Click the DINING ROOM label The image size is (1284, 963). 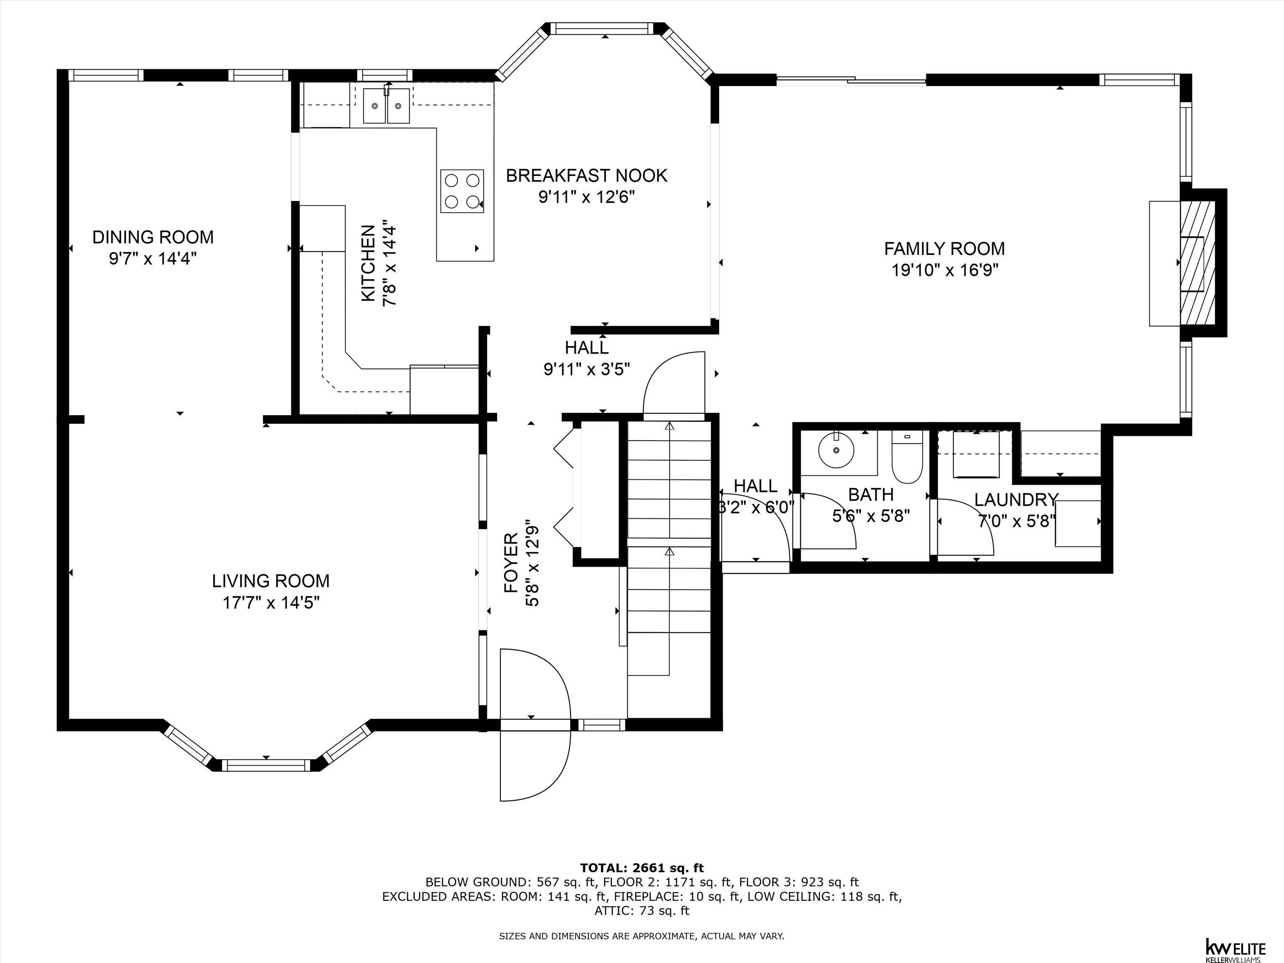[153, 237]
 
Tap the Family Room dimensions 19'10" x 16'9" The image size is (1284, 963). [945, 270]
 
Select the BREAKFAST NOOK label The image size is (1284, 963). [586, 175]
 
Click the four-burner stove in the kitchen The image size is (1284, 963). [462, 191]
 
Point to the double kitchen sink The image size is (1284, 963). [387, 106]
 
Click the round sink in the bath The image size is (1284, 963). [836, 450]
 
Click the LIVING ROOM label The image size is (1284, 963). [270, 581]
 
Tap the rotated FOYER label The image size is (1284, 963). [511, 563]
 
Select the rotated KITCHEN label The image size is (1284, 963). [368, 264]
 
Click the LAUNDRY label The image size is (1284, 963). [1015, 499]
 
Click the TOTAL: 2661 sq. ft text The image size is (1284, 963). [642, 868]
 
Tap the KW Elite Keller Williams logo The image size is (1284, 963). [1235, 948]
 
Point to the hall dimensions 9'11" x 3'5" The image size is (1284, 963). [586, 369]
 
